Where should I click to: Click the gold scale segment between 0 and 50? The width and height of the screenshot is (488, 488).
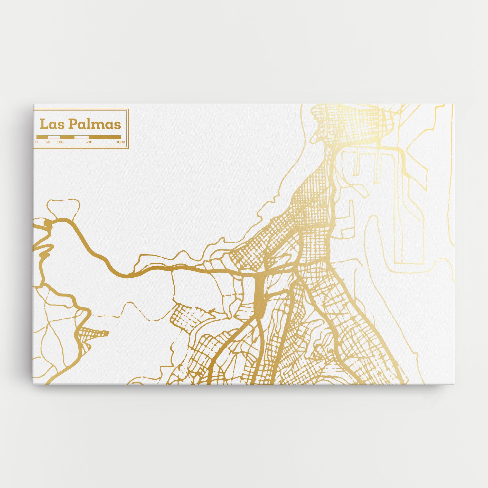[x=42, y=137]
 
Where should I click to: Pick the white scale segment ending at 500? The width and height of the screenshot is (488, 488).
[x=81, y=137]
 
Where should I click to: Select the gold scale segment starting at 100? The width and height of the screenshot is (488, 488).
[x=67, y=137]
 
